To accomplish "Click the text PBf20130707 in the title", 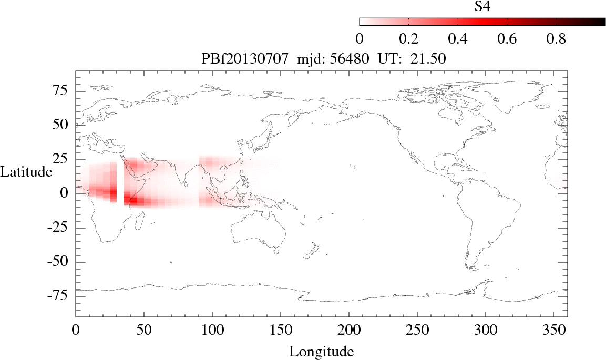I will click(x=245, y=59).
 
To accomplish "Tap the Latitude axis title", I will click(x=26, y=171).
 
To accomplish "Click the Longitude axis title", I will click(x=321, y=351).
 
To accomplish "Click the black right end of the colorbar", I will click(x=599, y=22).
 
